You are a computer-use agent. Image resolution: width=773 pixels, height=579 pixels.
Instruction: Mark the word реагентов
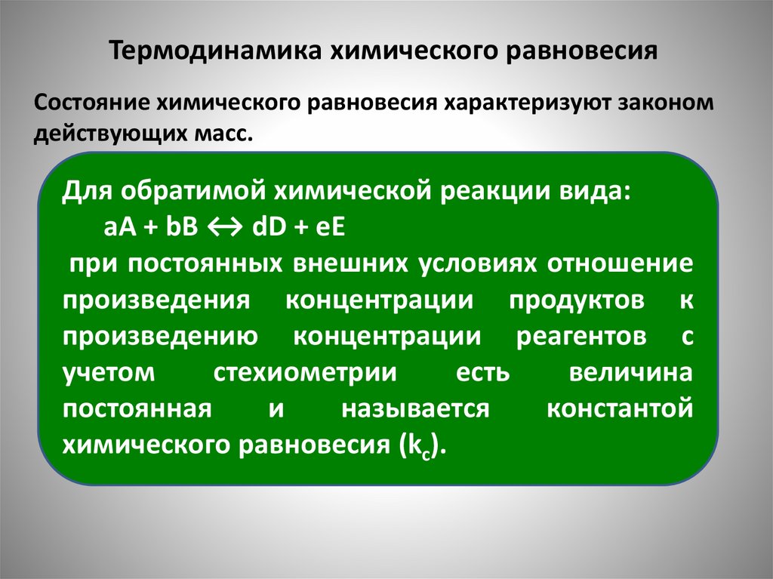tap(581, 337)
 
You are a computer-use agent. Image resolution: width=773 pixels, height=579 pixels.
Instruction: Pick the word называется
tap(414, 410)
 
